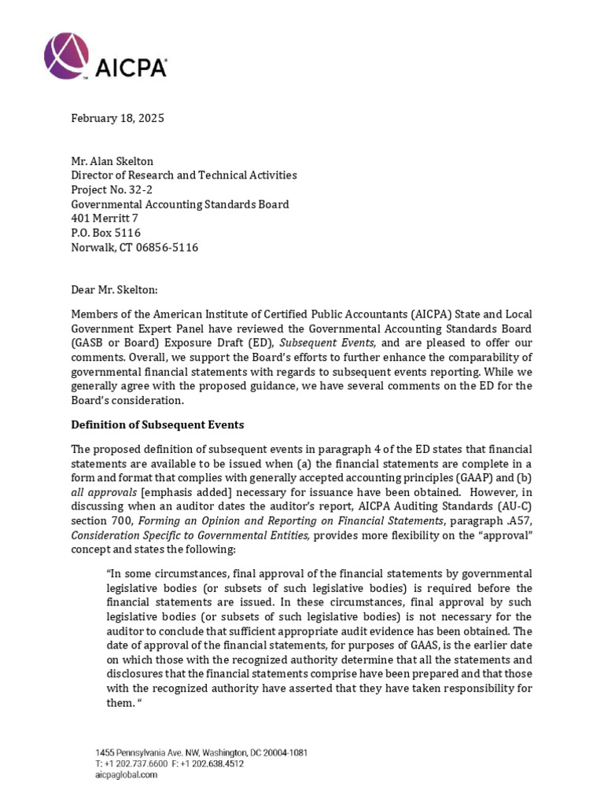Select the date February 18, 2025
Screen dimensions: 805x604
(x=118, y=119)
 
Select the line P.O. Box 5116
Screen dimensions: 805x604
(x=106, y=233)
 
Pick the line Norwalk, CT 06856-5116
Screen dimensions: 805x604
(x=134, y=248)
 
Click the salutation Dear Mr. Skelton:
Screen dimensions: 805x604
(x=115, y=289)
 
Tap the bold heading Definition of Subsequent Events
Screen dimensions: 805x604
(x=157, y=425)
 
